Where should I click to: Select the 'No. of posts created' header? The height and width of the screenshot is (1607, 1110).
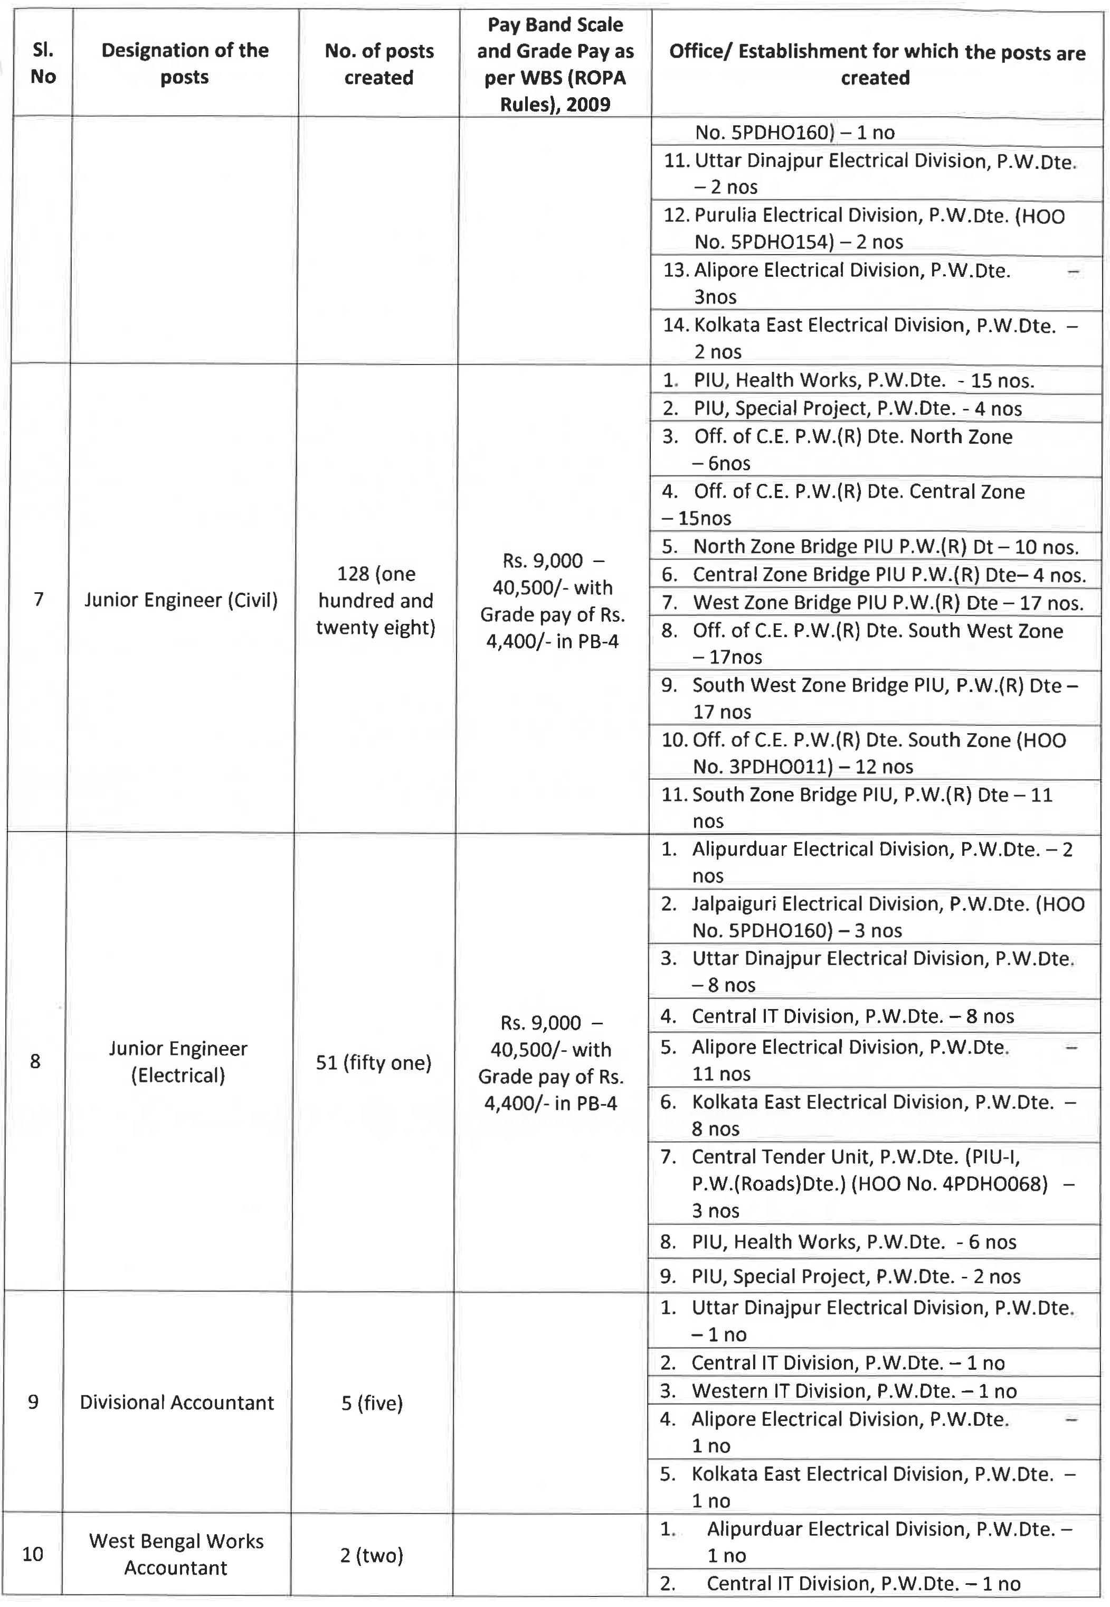coord(379,63)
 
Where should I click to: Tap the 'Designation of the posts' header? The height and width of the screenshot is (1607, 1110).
coord(185,63)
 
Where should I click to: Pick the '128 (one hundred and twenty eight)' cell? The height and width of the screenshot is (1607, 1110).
coord(376,600)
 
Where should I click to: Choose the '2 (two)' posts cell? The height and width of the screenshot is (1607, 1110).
coord(372,1555)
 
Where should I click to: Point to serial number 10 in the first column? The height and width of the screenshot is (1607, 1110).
coord(33,1554)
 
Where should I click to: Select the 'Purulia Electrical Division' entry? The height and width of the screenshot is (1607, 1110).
coord(862,228)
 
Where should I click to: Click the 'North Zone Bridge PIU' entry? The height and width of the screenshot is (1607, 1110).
coord(869,546)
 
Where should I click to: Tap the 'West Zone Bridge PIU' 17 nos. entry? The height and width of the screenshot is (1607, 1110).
coord(873,602)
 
